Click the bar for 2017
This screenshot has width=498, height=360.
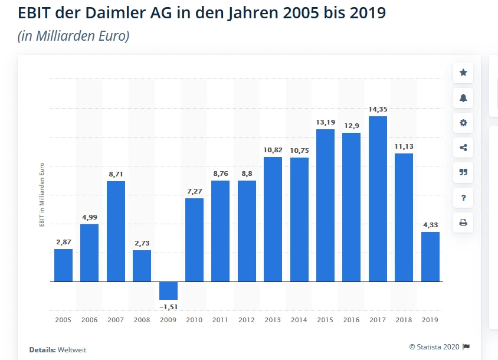point(378,199)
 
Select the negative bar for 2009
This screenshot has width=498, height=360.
point(168,290)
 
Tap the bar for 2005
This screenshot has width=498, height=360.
point(63,265)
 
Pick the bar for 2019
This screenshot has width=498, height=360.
point(430,257)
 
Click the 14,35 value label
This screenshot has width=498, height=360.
point(378,109)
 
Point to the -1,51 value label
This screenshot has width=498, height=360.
point(168,307)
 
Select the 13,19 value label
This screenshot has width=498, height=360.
point(325,122)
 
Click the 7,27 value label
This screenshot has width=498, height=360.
point(194,191)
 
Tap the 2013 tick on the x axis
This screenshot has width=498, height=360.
point(273,320)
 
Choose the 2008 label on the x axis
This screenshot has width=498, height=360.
point(142,320)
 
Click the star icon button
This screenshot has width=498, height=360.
point(463,73)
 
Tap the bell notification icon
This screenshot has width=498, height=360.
point(463,98)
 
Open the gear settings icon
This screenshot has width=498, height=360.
point(463,123)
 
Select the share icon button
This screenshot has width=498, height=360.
point(463,148)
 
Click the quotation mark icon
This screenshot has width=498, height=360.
point(463,172)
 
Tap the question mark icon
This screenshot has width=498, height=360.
point(463,198)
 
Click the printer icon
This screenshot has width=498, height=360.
point(463,222)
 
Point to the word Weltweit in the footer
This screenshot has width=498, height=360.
point(72,350)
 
